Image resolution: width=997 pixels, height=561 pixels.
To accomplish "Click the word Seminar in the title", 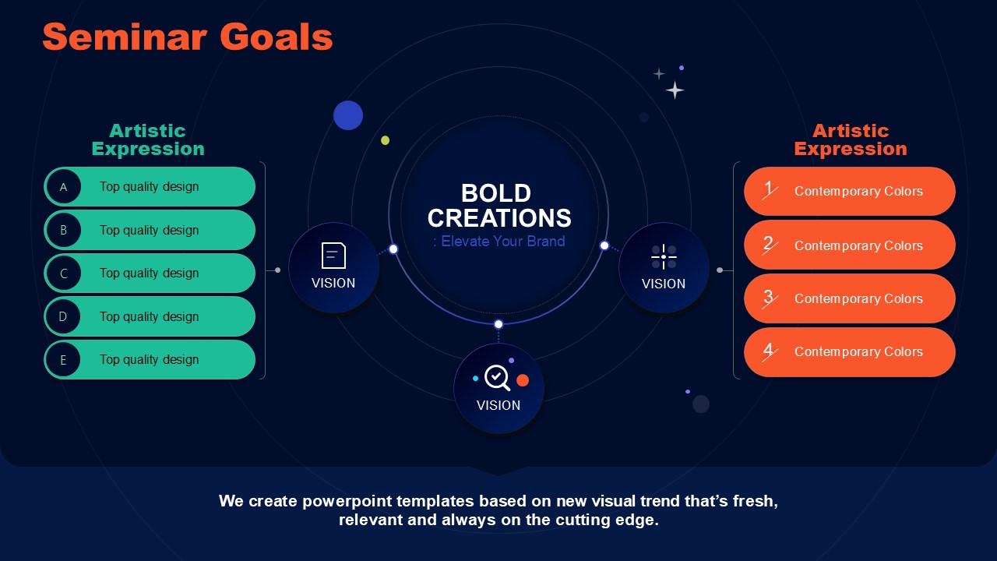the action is click(x=125, y=37).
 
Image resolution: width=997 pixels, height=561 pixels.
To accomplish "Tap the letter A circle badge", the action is click(x=64, y=186).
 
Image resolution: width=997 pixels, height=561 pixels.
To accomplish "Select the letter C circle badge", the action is click(x=64, y=273).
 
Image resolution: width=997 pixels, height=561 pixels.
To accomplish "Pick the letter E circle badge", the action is click(x=64, y=359).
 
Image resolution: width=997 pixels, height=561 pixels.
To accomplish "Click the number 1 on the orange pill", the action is click(x=769, y=189).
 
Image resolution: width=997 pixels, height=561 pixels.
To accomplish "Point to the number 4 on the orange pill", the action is click(x=769, y=351).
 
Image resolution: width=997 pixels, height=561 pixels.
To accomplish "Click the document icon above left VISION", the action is click(x=333, y=256).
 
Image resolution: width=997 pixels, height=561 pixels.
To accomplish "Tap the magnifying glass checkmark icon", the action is click(x=497, y=378).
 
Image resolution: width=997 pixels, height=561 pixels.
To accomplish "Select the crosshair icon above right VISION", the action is click(x=664, y=256).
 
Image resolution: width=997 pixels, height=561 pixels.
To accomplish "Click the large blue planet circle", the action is click(x=348, y=115).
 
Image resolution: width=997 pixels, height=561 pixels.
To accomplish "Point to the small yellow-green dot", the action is click(x=386, y=141).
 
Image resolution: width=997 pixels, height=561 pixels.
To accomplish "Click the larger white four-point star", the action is click(x=675, y=90).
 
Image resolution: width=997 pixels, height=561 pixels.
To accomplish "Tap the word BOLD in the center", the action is click(x=496, y=193).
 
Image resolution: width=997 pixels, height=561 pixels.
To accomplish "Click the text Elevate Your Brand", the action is click(x=503, y=242).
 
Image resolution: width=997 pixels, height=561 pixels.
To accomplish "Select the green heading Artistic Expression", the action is click(x=148, y=139).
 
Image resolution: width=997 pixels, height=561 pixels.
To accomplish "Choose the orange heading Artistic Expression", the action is click(x=851, y=139).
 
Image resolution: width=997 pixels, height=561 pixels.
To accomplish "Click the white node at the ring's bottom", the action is click(x=498, y=324).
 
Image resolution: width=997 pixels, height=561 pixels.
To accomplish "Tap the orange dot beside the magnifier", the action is click(x=523, y=380).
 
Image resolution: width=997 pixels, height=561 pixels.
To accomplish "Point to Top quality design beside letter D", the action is click(x=149, y=316).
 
